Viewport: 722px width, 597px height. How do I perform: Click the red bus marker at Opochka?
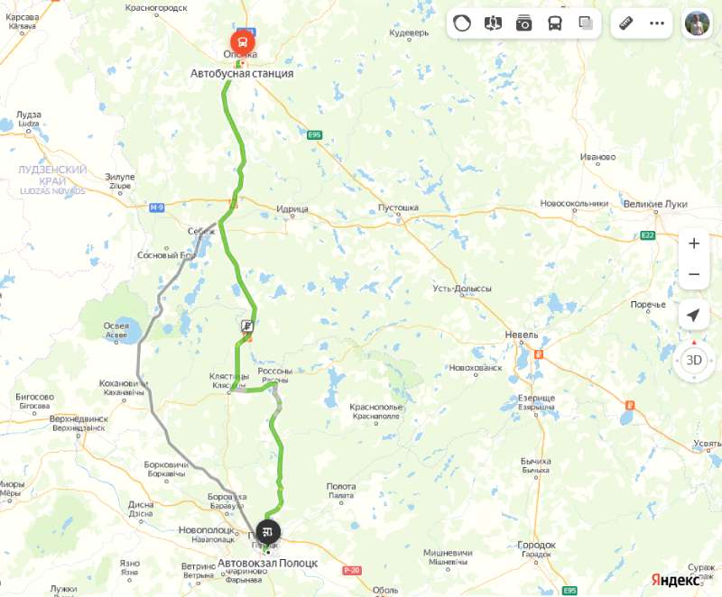click(242, 41)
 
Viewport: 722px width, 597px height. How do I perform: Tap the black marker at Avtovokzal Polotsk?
click(268, 531)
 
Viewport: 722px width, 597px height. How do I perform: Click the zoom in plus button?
click(693, 243)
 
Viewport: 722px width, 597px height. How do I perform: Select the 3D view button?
click(693, 360)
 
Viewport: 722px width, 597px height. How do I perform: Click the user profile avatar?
click(696, 23)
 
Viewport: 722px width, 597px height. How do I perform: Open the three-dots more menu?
click(657, 23)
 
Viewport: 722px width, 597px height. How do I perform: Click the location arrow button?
click(693, 315)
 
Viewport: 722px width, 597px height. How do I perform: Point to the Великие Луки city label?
click(656, 204)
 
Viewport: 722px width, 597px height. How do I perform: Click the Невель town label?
click(521, 335)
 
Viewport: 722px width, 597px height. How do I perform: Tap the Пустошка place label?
click(398, 207)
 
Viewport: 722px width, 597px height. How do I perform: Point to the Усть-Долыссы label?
click(462, 289)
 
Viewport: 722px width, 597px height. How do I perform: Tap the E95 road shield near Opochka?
click(314, 135)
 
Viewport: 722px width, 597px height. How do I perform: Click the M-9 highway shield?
click(157, 207)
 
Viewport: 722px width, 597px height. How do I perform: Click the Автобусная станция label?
click(242, 73)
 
